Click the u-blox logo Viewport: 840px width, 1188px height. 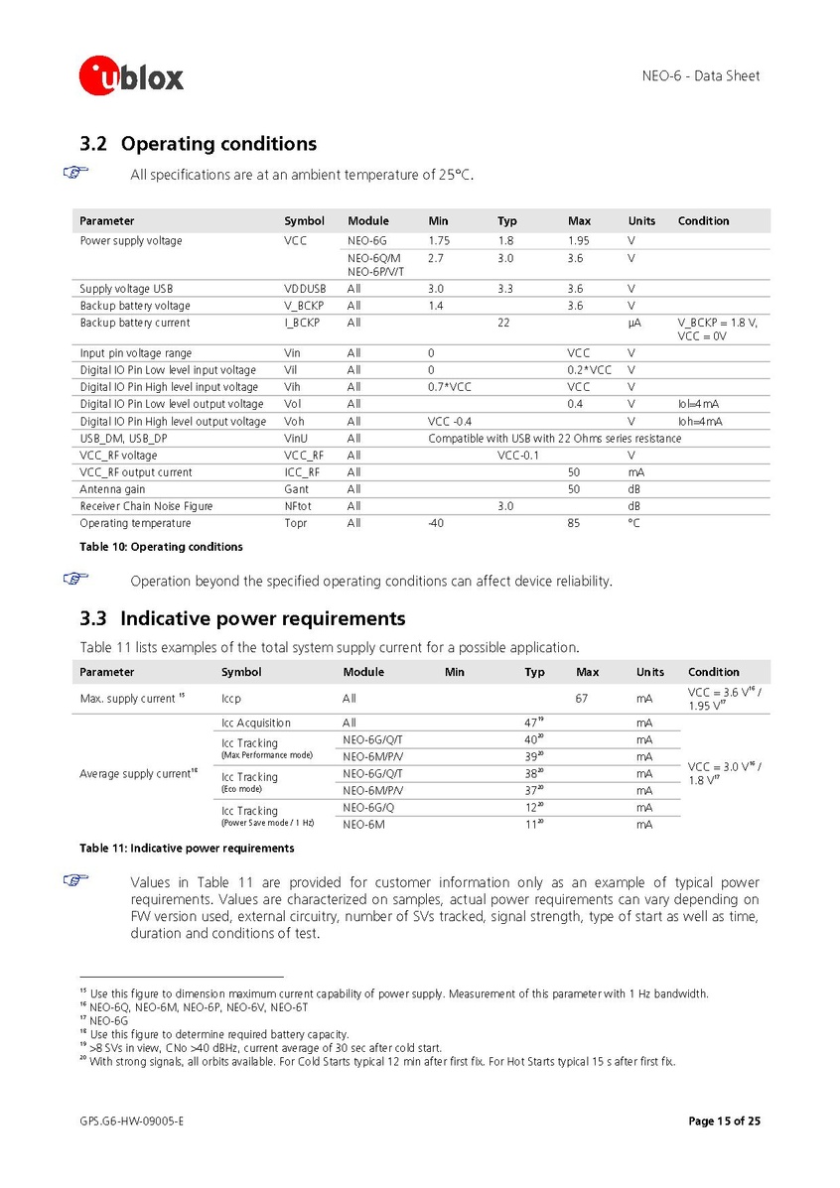pos(132,74)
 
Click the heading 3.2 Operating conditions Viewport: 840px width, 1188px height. pos(199,144)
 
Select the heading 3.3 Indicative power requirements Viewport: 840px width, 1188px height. pos(242,619)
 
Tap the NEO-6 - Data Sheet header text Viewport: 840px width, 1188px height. pos(701,75)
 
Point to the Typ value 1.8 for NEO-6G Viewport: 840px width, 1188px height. pos(505,241)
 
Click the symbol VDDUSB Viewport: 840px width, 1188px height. pos(305,289)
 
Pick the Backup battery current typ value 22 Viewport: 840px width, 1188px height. pos(503,323)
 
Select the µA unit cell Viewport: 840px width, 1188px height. pos(633,323)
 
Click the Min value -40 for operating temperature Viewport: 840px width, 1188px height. pos(436,523)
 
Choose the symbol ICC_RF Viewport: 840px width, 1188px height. pos(301,472)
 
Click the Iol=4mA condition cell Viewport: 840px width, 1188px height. pos(699,404)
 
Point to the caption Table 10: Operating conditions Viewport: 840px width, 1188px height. pos(161,547)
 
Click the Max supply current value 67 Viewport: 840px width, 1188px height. pos(583,699)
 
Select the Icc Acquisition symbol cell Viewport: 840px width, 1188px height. pos(256,724)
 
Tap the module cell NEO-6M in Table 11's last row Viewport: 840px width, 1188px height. pos(362,825)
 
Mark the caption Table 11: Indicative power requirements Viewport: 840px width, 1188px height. pos(187,849)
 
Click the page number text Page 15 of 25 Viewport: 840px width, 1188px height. pos(724,1122)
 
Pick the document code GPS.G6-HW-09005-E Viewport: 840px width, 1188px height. pos(132,1122)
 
